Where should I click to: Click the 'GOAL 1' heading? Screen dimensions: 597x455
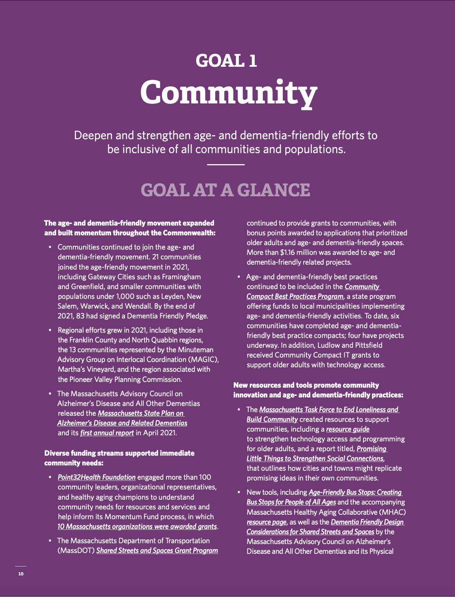click(x=226, y=61)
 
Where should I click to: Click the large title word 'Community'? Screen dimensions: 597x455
click(x=228, y=92)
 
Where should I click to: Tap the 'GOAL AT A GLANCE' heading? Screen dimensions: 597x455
click(x=225, y=190)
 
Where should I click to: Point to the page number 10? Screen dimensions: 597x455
click(x=21, y=574)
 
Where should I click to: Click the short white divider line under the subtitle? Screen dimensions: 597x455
click(x=225, y=165)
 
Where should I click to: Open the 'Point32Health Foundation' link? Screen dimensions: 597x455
click(x=96, y=477)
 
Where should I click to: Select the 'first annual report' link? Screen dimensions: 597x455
click(x=107, y=433)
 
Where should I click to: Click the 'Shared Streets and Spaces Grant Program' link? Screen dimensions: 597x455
click(x=157, y=551)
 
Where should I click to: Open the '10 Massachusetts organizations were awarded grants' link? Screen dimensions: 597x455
click(x=137, y=527)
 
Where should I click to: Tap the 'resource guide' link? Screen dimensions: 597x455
click(x=348, y=429)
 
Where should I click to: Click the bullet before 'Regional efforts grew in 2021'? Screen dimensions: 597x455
click(x=50, y=330)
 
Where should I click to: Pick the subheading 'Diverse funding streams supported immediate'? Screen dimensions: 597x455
click(x=119, y=453)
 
